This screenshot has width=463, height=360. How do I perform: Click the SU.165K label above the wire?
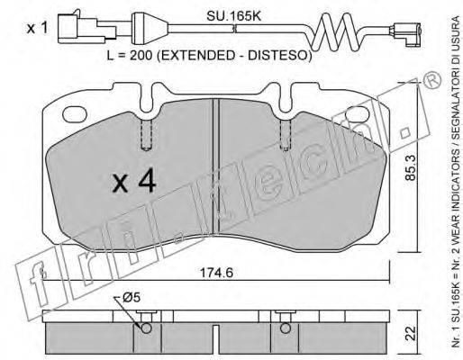point(233,16)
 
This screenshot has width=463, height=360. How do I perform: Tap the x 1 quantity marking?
point(37,29)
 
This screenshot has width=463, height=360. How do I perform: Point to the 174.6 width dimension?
point(216,273)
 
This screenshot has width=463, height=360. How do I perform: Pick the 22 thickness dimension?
point(410,332)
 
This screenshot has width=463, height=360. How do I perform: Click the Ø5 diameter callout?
point(132,298)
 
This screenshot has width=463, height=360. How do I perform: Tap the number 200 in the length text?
point(141,56)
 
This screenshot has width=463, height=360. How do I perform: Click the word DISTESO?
point(278,56)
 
